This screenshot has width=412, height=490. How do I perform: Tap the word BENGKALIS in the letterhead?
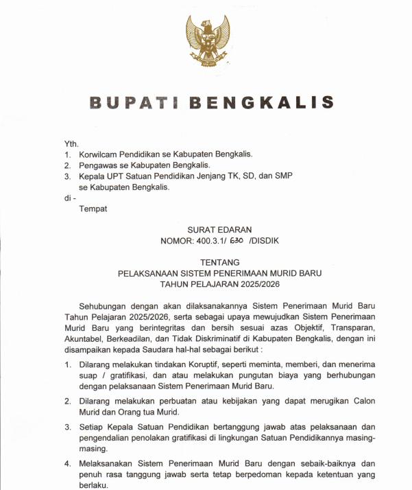[x=261, y=103]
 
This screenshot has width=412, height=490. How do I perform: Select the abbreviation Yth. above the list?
[x=71, y=143]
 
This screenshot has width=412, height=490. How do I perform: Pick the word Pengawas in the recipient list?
[x=99, y=165]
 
